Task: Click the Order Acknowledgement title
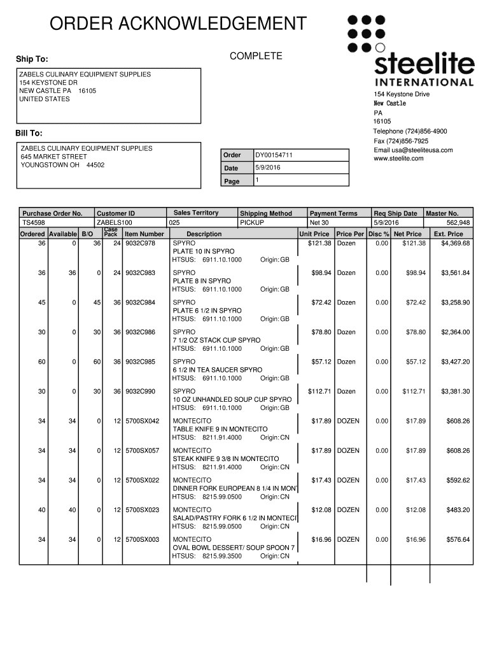[178, 24]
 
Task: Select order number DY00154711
[274, 155]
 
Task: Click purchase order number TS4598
[34, 223]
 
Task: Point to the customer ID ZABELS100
[114, 223]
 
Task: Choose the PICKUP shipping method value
[252, 223]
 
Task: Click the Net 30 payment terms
[319, 223]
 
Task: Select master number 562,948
[458, 223]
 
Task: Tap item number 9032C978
[140, 243]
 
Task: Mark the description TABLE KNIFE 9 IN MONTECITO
[220, 429]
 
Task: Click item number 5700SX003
[142, 539]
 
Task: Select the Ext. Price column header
[448, 234]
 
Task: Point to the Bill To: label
[29, 133]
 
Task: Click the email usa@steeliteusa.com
[413, 150]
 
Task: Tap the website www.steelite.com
[399, 159]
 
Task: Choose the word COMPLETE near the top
[256, 57]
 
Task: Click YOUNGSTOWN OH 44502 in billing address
[62, 165]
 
